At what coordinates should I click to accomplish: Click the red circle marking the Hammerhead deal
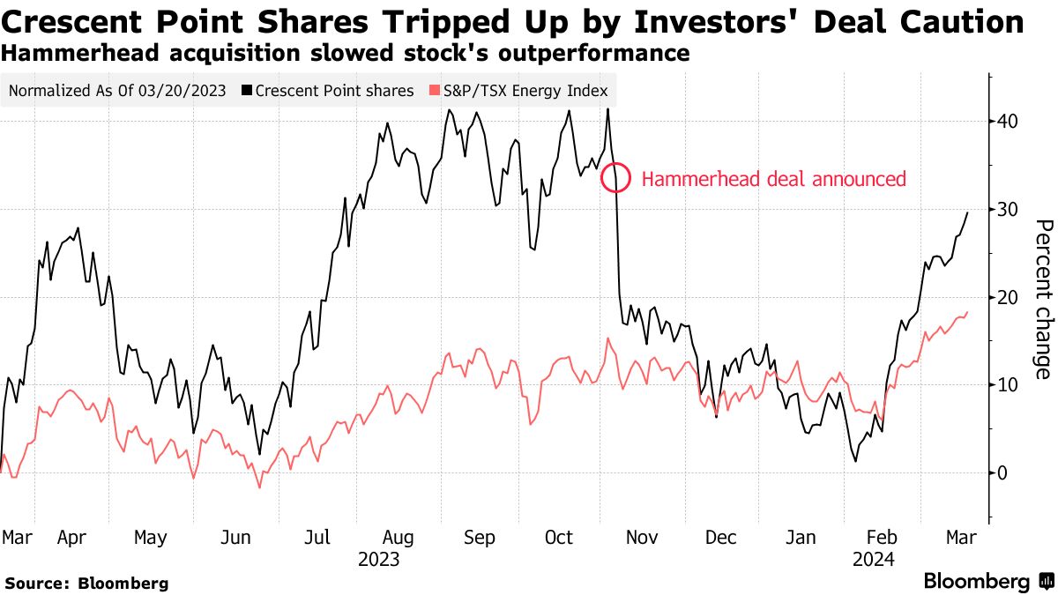[615, 178]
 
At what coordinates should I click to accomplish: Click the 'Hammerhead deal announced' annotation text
[773, 180]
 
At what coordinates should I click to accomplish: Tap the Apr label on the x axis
[71, 538]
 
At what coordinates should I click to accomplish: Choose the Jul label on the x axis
[318, 538]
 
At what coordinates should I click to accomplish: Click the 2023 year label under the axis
[379, 560]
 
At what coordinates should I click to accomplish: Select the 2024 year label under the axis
[873, 560]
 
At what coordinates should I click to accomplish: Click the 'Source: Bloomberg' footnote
[86, 583]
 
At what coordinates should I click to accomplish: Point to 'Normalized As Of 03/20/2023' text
[117, 91]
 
